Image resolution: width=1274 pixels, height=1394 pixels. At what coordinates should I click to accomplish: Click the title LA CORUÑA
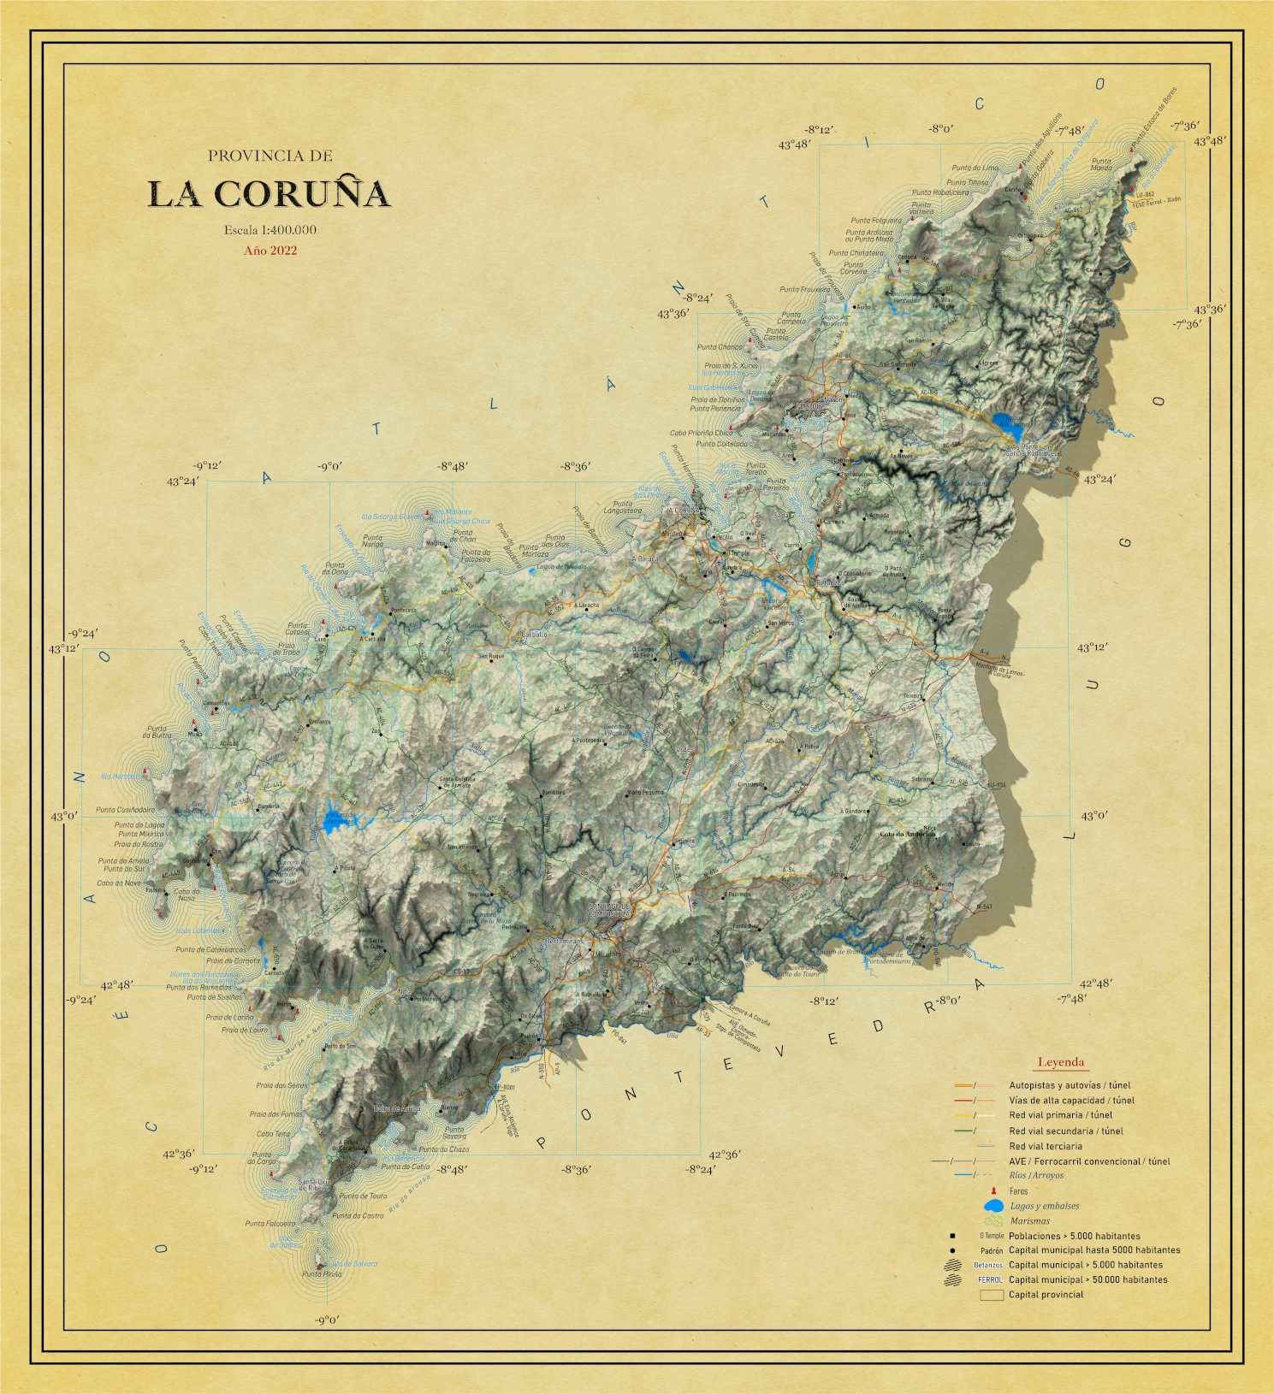(x=269, y=194)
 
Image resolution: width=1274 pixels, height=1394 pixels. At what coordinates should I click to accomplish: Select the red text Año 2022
(x=270, y=251)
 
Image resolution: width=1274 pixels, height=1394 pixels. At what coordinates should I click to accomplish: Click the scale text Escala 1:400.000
(x=270, y=229)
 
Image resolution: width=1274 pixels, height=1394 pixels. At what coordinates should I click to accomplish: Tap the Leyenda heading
(x=1061, y=1062)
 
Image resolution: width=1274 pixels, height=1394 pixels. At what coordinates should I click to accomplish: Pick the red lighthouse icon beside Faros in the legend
(x=993, y=1190)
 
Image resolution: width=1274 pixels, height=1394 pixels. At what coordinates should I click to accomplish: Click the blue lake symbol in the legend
(x=994, y=1206)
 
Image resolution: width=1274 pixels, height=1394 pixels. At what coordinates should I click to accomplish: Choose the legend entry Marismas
(x=1029, y=1221)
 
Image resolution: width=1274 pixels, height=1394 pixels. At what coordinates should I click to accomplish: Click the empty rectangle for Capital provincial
(x=992, y=1295)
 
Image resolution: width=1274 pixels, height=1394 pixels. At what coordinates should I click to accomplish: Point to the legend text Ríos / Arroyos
(x=1036, y=1175)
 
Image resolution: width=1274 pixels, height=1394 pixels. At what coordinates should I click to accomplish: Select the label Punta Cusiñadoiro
(x=125, y=809)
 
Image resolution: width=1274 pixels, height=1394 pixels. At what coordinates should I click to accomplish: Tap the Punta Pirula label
(x=322, y=1274)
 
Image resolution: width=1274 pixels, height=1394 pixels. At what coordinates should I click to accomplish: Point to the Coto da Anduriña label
(x=908, y=834)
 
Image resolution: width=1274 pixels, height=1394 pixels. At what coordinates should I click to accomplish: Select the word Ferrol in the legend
(x=989, y=1279)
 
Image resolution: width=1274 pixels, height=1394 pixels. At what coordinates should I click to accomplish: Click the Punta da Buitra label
(x=158, y=732)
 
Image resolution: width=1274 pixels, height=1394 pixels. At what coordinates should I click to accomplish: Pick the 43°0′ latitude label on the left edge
(x=63, y=816)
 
